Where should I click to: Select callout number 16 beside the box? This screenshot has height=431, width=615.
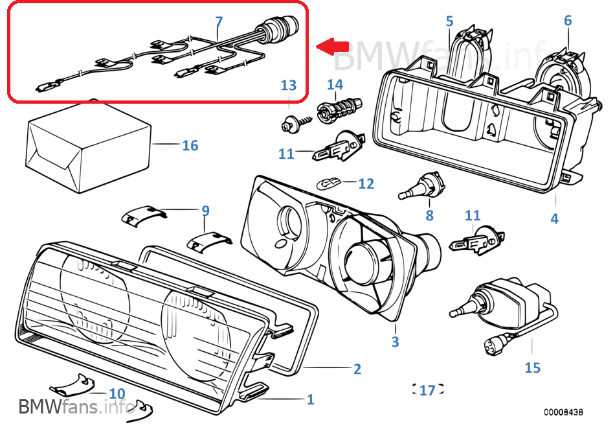coord(190,145)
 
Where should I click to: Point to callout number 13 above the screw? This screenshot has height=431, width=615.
coord(288,85)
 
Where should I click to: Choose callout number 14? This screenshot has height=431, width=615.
coord(335,84)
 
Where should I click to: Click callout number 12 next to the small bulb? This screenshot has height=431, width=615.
coord(366,184)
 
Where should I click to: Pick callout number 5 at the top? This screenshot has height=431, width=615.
coord(450,21)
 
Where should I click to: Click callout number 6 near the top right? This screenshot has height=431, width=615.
coord(568,20)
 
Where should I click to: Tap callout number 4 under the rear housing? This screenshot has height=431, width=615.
coord(554,218)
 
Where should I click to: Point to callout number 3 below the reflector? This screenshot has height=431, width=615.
coord(395,342)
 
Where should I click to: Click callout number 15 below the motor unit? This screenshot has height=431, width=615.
coord(532,367)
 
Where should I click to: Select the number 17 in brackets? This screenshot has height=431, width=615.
coord(427,390)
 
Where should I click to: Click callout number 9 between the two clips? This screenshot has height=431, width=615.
coord(205,210)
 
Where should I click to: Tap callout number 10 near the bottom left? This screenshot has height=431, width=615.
coord(117,393)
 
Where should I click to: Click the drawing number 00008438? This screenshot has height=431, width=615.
coord(563,412)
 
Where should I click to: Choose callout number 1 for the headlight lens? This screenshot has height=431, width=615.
coord(310,399)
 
